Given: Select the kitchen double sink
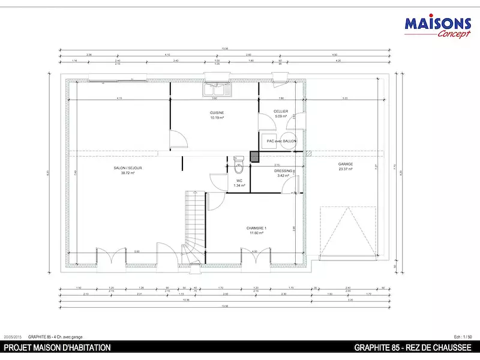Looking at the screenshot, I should point(216,90).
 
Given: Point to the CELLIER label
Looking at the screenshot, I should point(281,111).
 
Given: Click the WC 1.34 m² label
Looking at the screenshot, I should point(238,183).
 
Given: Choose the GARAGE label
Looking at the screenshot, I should point(345,164).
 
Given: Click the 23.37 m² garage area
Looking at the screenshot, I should point(345,169).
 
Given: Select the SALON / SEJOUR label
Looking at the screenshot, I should point(127,168).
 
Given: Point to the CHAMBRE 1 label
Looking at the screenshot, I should point(256,229).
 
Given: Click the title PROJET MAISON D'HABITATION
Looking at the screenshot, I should point(58,347).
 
